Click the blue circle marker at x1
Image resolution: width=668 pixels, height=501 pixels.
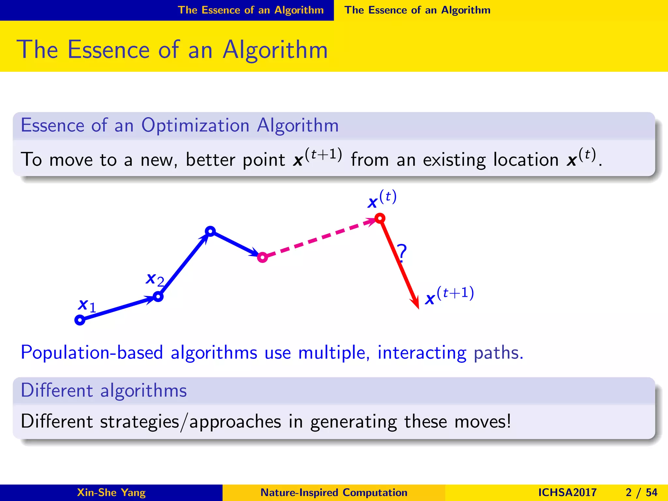[80, 320]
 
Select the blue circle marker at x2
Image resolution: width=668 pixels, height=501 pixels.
[158, 296]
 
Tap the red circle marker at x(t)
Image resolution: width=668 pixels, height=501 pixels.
[380, 218]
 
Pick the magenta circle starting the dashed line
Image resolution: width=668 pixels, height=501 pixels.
[262, 257]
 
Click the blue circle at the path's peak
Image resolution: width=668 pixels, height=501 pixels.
[210, 232]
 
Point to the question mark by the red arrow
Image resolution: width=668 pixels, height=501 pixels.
[402, 253]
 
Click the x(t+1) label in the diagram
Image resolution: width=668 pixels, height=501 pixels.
[449, 295]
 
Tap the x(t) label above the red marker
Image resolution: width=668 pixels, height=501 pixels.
[382, 199]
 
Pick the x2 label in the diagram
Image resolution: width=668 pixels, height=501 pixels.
[155, 279]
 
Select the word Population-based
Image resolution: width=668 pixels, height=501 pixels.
[92, 353]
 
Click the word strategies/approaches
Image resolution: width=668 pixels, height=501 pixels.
[190, 421]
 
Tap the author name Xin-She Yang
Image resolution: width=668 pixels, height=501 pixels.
[111, 493]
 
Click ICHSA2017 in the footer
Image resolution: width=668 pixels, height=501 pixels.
[567, 493]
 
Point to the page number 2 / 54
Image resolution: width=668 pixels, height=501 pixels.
[641, 493]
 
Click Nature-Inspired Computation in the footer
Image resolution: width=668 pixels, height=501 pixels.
[334, 493]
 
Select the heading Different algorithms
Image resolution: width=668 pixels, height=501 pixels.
[104, 390]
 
